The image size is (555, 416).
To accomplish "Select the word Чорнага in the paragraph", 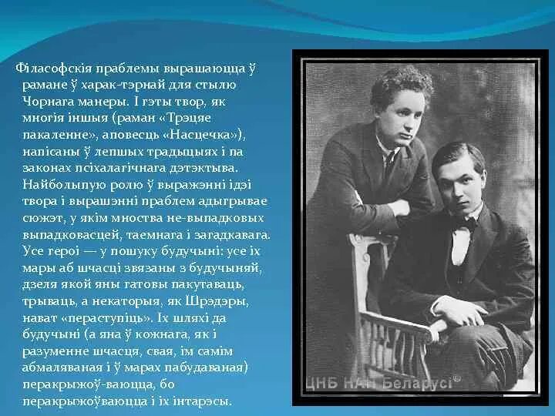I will point(48,102).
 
